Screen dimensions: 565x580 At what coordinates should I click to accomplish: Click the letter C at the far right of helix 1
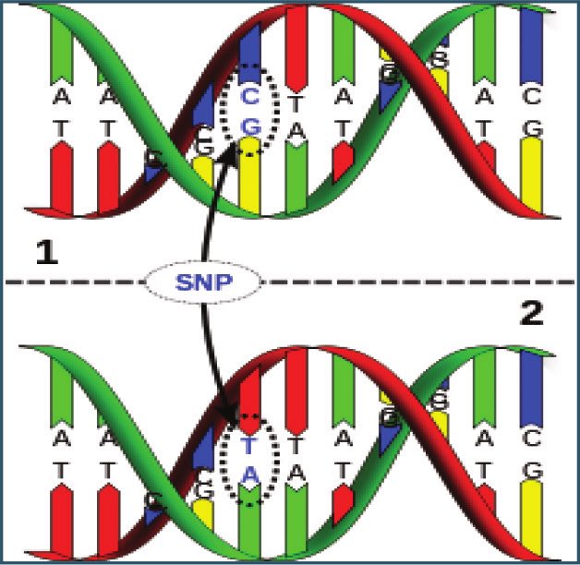(531, 95)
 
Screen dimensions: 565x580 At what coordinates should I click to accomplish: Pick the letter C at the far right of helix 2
(531, 442)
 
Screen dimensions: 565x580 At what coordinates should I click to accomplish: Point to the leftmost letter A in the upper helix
(61, 95)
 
